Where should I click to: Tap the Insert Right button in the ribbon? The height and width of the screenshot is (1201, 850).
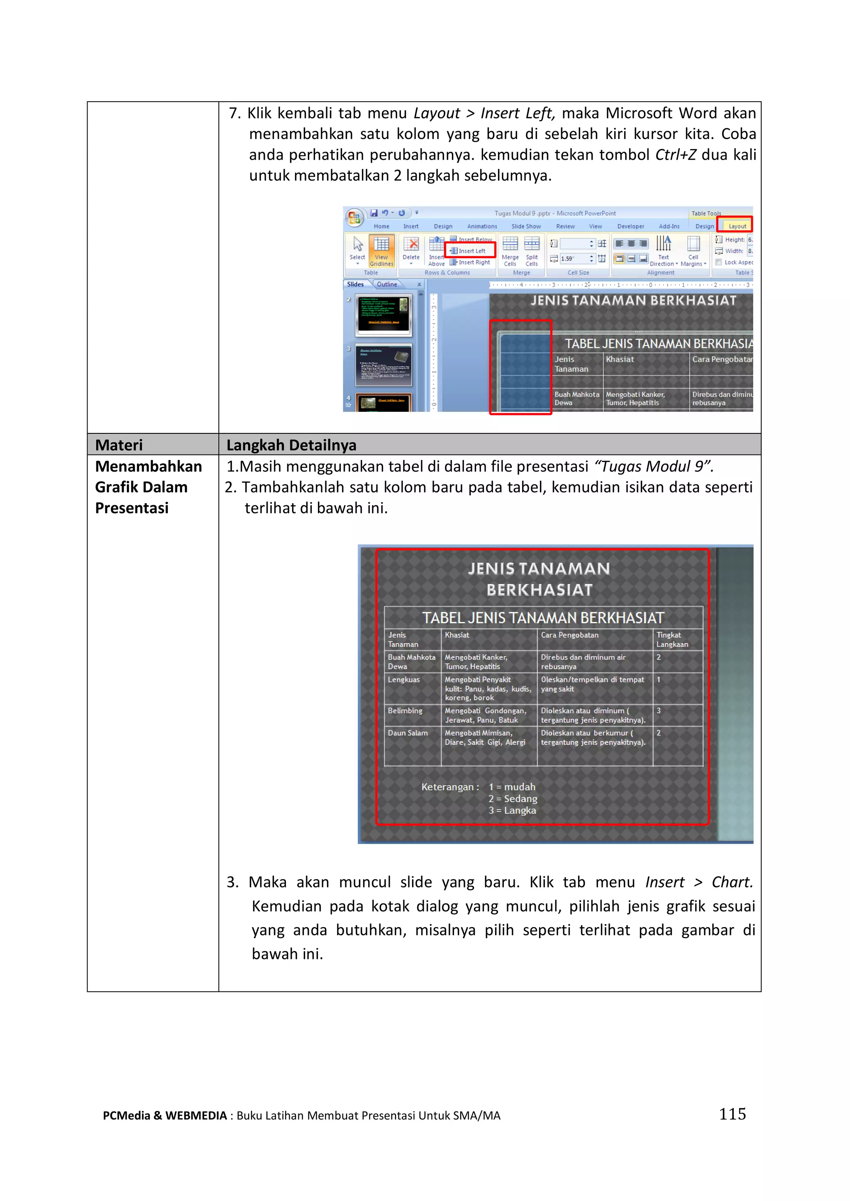(x=471, y=262)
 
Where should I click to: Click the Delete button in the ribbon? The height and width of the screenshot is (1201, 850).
(x=411, y=249)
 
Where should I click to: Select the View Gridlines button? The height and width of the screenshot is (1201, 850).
(x=381, y=250)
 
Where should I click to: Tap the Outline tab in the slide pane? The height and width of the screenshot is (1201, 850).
(x=387, y=284)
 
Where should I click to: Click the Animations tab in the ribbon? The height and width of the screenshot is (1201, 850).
(x=482, y=226)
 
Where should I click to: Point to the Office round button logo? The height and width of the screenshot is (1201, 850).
(x=354, y=217)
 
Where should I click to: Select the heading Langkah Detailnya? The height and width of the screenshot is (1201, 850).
(x=291, y=445)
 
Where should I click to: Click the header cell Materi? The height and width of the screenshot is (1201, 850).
(x=119, y=445)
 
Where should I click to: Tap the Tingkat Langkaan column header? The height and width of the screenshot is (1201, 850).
(x=672, y=639)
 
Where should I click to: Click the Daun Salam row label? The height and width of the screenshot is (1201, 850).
(x=407, y=733)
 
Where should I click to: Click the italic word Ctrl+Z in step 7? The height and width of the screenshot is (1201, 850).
(x=675, y=155)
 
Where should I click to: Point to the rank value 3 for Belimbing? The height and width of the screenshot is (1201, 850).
(x=658, y=710)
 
